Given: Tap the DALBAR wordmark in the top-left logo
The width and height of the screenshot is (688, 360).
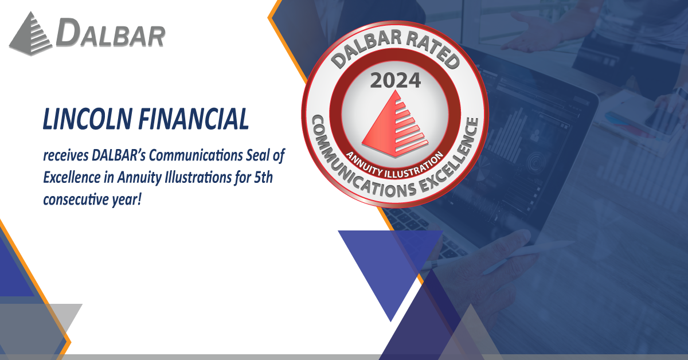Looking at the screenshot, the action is pos(111,33).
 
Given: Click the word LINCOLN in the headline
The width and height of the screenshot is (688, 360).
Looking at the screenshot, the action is pos(88,119).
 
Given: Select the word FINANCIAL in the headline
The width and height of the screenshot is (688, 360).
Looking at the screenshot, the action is pos(194,119).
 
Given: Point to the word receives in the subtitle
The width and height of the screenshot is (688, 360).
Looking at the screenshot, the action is pos(65,155).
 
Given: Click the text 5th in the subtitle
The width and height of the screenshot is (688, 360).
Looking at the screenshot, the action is pos(263,178).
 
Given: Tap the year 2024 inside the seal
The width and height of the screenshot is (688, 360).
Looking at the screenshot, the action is pos(395,80).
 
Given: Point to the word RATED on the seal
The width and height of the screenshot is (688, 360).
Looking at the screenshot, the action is pos(432,50).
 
